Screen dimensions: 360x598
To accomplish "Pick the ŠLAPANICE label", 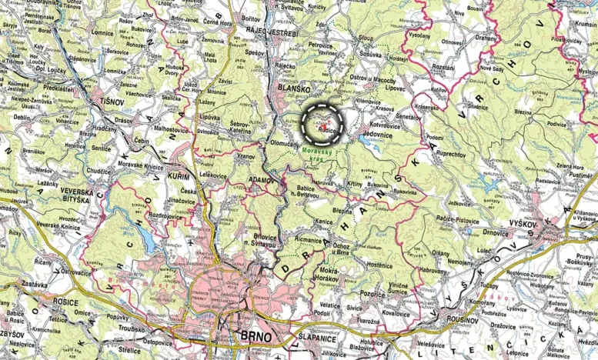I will click(x=316, y=336).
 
